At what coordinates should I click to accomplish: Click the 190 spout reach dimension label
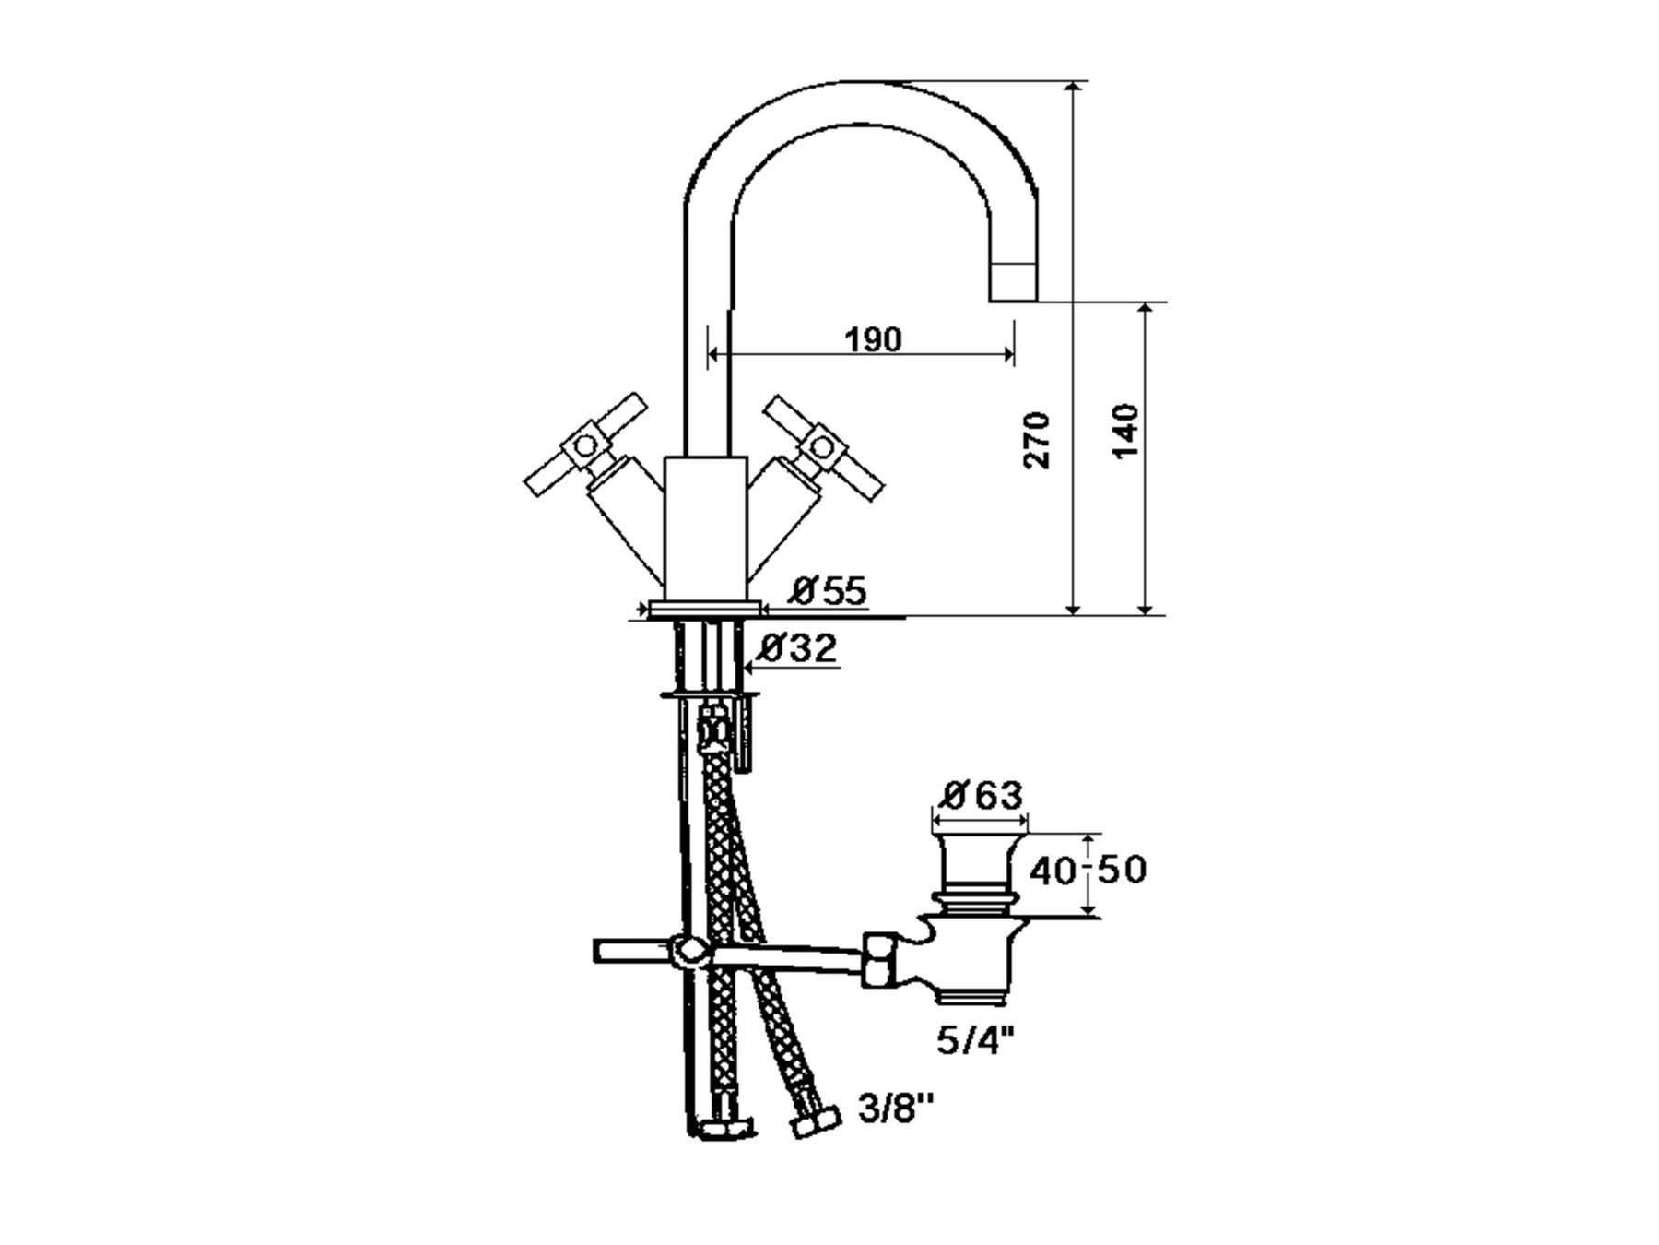pos(873,340)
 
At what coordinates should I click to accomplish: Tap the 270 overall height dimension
pos(1038,440)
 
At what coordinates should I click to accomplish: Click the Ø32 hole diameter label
pos(797,648)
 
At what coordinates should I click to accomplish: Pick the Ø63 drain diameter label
pos(982,795)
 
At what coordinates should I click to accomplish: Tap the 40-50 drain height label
pos(1088,870)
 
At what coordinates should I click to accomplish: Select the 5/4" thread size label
pos(975,1041)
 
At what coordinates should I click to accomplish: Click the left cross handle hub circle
pos(585,446)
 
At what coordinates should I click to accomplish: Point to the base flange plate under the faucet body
pos(705,609)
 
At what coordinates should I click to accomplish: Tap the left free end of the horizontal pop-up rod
pos(595,951)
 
